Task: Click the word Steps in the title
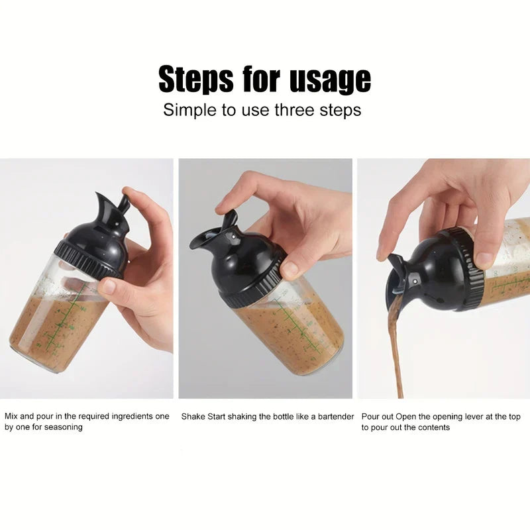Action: pos(195,80)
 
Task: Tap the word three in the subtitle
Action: pos(291,110)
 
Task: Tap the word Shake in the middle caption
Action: pos(193,417)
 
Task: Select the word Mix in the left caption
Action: pos(11,417)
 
